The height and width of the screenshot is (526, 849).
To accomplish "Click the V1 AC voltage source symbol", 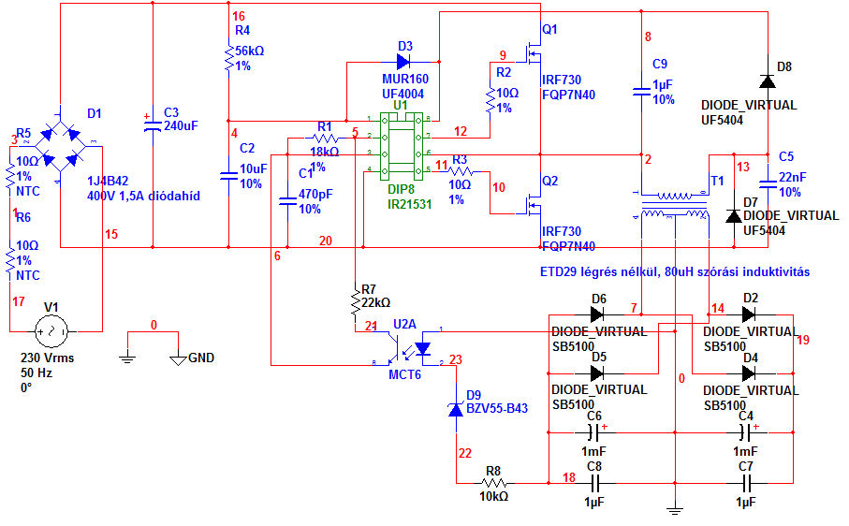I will (x=51, y=331).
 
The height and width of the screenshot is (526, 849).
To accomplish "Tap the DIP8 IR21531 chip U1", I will (x=400, y=145).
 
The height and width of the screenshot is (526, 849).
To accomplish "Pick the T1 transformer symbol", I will (x=672, y=206).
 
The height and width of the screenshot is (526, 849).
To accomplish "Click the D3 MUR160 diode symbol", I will (x=403, y=62).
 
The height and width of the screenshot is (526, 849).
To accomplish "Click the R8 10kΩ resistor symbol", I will (x=494, y=482).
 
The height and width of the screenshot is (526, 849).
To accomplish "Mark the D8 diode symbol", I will (x=767, y=82).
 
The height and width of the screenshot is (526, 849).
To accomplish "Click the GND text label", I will (x=201, y=358).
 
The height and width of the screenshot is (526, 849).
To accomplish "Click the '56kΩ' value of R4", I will (x=250, y=51).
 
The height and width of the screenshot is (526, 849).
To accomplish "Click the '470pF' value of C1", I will (x=316, y=195).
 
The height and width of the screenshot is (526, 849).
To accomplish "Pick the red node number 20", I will (x=325, y=241).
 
